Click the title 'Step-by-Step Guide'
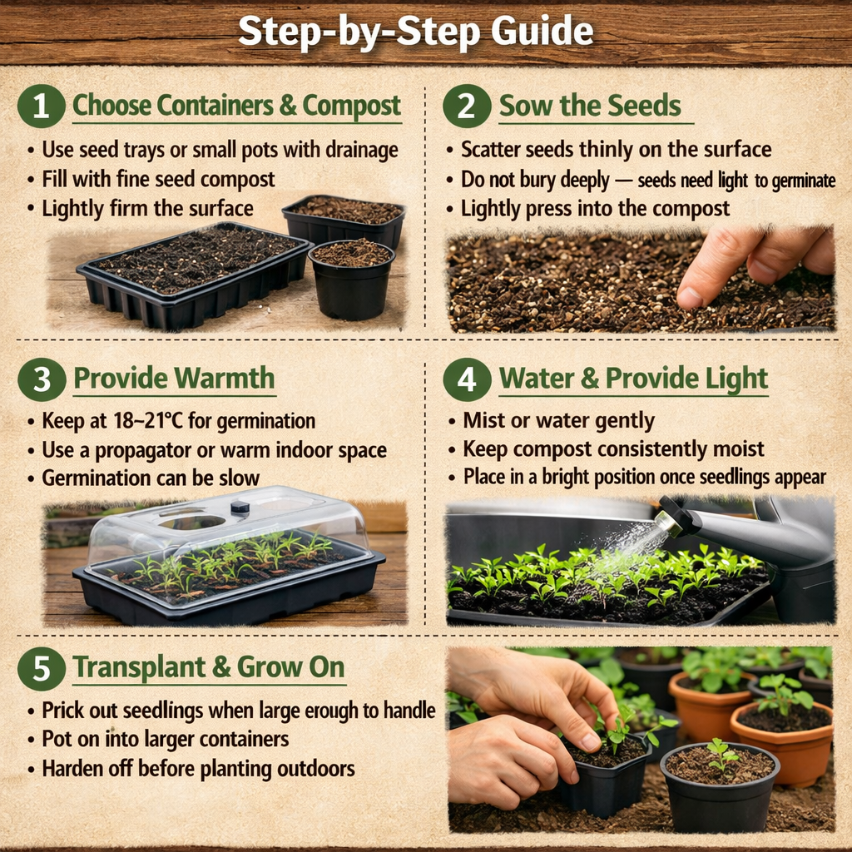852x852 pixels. point(416,32)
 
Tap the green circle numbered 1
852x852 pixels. point(41,106)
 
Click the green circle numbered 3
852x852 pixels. point(41,379)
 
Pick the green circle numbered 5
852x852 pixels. point(41,668)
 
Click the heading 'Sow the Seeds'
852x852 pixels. point(590,106)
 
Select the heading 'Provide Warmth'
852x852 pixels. point(174,379)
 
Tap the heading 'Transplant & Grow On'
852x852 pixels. point(208,668)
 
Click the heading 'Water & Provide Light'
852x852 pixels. point(633,379)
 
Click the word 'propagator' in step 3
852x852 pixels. point(166,451)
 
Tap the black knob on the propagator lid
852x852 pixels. point(240,507)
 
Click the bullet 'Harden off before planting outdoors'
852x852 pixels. point(198,768)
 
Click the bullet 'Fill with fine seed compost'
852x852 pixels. point(158,179)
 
